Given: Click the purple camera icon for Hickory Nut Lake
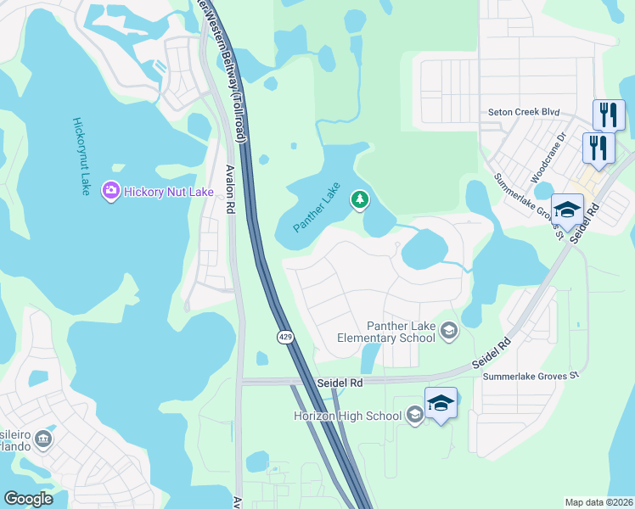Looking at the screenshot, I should pos(110,192).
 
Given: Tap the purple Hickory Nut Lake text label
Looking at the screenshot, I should pos(168,193).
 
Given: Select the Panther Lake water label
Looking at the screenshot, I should pos(316,208).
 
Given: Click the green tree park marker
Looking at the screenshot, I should pos(360,200).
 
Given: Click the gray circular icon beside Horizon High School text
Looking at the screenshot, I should pos(415,415).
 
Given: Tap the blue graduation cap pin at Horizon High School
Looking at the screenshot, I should pos(441,403).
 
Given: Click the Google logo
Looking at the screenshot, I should pos(29,498).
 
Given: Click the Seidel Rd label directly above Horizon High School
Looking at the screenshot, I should pos(340,383).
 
